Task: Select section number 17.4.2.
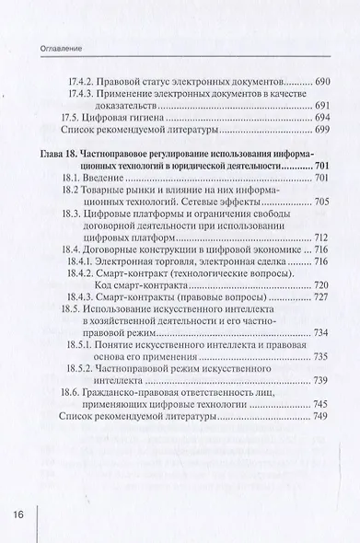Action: (x=87, y=81)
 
